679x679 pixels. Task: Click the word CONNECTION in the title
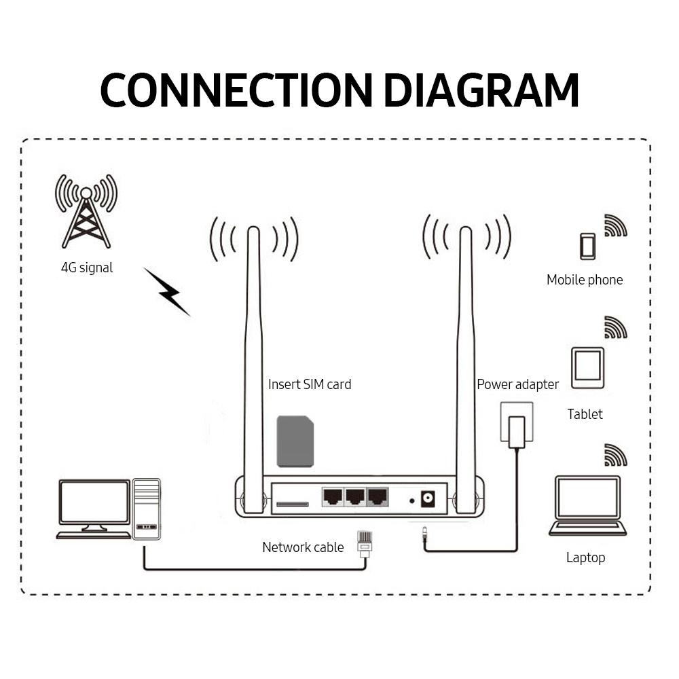(x=236, y=90)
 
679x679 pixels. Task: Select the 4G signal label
(x=87, y=268)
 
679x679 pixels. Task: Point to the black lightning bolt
(x=167, y=291)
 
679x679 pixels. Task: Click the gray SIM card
(x=295, y=442)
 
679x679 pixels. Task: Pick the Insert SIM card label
(x=310, y=384)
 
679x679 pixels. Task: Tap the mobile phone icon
(x=587, y=246)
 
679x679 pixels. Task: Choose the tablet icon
(x=587, y=367)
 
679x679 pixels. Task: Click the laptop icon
(x=587, y=506)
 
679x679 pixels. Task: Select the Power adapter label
(x=517, y=384)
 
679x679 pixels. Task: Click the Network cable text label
(x=303, y=547)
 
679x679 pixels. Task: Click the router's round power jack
(x=428, y=500)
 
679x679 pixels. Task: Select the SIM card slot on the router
(x=292, y=504)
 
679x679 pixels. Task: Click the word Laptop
(x=585, y=557)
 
